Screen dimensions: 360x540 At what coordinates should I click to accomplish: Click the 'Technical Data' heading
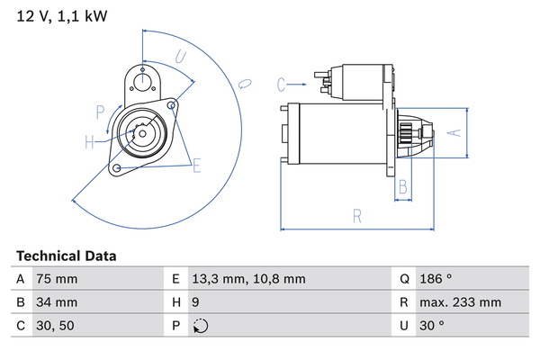pos(66,256)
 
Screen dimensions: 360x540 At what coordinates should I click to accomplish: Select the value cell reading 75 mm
pos(56,279)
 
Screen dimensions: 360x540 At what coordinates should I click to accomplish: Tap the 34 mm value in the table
pos(56,302)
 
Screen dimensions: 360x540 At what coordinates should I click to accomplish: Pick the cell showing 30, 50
pos(54,326)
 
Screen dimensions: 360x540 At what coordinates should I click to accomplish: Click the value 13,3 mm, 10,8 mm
pos(249,279)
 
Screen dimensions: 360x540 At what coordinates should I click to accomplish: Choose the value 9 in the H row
pos(196,302)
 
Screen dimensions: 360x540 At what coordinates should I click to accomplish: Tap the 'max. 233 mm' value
pos(462,302)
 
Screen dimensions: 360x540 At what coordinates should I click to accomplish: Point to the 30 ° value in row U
pos(430,326)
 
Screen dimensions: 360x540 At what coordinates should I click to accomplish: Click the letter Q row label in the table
pos(406,279)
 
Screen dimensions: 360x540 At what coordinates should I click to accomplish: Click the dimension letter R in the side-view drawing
pos(357,216)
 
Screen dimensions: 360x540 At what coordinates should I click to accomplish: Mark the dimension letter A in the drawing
pos(455,132)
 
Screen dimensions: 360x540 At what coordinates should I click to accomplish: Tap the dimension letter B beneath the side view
pos(404,187)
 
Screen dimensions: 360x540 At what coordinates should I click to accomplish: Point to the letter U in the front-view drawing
pos(181,57)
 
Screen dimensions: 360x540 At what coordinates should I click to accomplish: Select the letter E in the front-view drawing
pos(196,165)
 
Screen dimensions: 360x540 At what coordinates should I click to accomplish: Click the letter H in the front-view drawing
pos(89,140)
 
